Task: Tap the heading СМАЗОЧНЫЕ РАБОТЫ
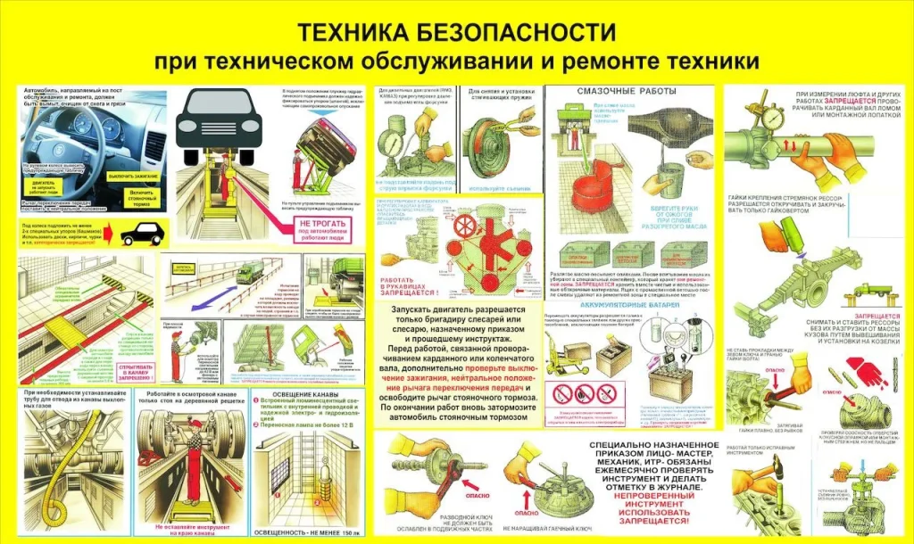point(627,92)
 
